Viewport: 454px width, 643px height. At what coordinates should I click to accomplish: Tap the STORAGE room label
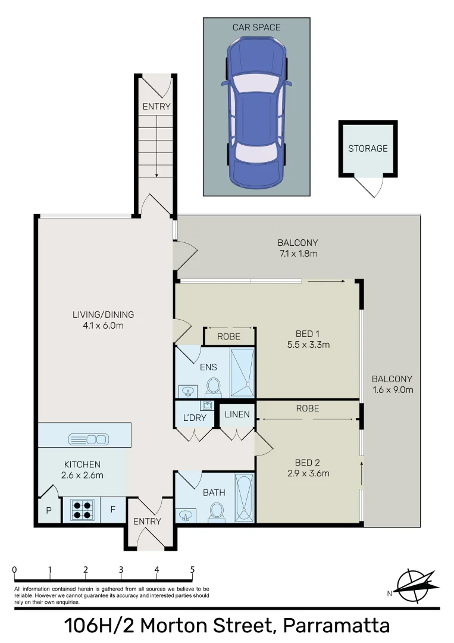[x=368, y=148]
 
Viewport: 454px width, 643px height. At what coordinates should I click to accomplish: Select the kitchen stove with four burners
[x=82, y=509]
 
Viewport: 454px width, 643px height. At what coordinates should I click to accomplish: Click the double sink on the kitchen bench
[x=89, y=439]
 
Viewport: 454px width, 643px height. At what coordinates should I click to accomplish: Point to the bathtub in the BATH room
[x=244, y=498]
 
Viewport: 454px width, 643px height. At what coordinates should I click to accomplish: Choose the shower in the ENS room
[x=242, y=373]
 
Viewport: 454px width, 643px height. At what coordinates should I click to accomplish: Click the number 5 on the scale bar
[x=192, y=569]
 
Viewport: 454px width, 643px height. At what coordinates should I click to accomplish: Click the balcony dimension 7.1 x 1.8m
[x=298, y=254]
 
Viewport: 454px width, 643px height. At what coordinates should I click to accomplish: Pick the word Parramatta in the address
[x=336, y=626]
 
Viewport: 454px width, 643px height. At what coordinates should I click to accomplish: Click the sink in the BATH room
[x=185, y=513]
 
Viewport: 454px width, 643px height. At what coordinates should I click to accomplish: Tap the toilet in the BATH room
[x=217, y=511]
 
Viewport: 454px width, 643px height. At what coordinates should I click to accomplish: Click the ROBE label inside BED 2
[x=307, y=408]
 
